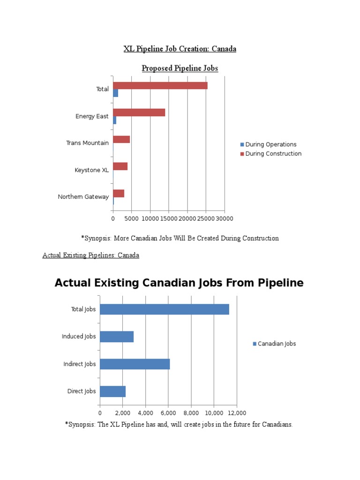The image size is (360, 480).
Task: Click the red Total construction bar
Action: (x=160, y=86)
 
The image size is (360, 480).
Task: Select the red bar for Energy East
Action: (x=139, y=112)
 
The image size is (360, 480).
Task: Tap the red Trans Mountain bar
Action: (x=121, y=139)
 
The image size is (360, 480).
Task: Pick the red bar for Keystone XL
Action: (x=120, y=166)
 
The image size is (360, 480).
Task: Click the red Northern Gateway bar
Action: (x=119, y=193)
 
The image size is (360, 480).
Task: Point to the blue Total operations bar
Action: (x=115, y=93)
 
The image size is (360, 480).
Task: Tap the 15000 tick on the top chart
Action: (x=169, y=218)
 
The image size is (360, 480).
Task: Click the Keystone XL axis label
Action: (x=91, y=170)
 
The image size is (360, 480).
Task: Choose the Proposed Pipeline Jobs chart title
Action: (x=180, y=68)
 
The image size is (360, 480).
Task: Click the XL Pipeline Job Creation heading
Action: (x=180, y=49)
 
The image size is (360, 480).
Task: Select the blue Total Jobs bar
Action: (x=165, y=309)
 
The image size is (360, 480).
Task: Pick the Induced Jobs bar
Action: (x=117, y=337)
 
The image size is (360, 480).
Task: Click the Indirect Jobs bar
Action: (x=135, y=364)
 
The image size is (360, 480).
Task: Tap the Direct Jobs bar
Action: (x=112, y=391)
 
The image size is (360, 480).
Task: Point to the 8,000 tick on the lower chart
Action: (x=191, y=413)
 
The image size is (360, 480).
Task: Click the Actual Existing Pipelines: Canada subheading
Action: (x=91, y=255)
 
